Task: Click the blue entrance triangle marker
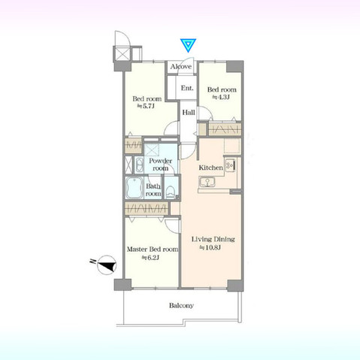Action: pos(188,45)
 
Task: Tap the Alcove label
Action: pos(181,67)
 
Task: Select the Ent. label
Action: pos(187,88)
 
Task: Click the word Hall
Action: pos(189,112)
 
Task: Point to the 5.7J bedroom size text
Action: pos(146,106)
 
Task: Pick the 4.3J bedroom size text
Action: pos(221,97)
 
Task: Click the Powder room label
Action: pos(160,165)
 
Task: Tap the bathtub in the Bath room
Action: pos(135,187)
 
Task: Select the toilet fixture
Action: pos(171,192)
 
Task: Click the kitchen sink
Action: pos(207,182)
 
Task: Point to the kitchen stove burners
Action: pos(230,165)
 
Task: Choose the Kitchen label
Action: pos(210,168)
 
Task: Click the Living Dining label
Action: pos(213,239)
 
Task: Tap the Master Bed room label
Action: pos(153,250)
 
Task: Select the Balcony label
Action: pos(181,305)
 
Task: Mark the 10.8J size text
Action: pos(210,248)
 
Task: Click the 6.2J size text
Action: pos(150,258)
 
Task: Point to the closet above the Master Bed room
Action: pos(147,208)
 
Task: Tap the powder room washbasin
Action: pos(138,165)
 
